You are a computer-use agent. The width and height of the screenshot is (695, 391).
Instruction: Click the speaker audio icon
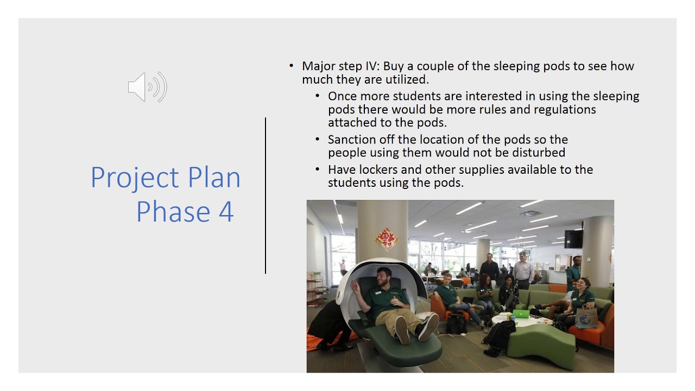[147, 87]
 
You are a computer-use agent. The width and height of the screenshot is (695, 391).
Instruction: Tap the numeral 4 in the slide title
[226, 212]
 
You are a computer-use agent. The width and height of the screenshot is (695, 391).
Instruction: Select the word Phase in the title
[173, 212]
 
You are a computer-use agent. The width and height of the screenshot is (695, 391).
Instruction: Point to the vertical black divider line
[266, 195]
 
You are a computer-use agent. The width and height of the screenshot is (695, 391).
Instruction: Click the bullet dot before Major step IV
[291, 66]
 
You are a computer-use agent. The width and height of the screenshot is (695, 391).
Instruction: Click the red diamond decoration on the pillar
[387, 239]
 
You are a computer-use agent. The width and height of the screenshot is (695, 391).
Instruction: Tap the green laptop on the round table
[521, 314]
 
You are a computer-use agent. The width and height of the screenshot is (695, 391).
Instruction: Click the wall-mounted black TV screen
[573, 239]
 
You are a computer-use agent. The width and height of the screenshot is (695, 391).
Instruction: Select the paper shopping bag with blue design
[586, 316]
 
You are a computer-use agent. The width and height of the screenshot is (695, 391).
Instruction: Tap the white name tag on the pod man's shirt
[377, 293]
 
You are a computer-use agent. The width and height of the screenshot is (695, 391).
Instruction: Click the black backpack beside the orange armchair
[457, 323]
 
